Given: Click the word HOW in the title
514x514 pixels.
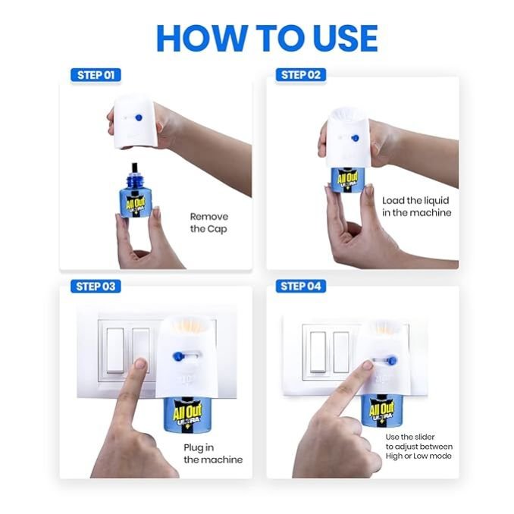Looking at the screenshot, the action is pyautogui.click(x=202, y=39).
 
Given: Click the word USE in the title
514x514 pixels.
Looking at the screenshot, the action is pyautogui.click(x=346, y=39).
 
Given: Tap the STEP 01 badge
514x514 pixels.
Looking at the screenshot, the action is pyautogui.click(x=96, y=75).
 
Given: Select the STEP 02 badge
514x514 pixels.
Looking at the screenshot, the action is pyautogui.click(x=301, y=75).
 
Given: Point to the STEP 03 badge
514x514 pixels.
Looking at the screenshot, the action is pyautogui.click(x=96, y=286).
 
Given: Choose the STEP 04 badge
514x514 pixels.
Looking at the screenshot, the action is pyautogui.click(x=301, y=286).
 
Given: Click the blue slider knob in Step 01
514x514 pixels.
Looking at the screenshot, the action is pyautogui.click(x=139, y=118).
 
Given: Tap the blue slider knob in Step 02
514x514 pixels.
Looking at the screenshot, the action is pyautogui.click(x=355, y=138).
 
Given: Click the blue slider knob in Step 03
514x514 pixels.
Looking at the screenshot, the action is pyautogui.click(x=178, y=356).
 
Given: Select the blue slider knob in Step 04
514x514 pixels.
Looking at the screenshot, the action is pyautogui.click(x=392, y=361).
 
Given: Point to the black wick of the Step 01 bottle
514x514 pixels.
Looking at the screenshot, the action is pyautogui.click(x=135, y=168).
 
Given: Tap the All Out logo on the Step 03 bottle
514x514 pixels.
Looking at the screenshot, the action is pyautogui.click(x=187, y=412).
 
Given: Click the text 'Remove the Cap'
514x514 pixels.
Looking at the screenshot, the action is pyautogui.click(x=208, y=223).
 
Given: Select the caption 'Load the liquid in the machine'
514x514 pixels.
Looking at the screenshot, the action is pyautogui.click(x=417, y=206).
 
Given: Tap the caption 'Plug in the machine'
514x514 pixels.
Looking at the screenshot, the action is pyautogui.click(x=213, y=453).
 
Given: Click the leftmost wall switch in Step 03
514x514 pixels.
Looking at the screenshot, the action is pyautogui.click(x=115, y=350).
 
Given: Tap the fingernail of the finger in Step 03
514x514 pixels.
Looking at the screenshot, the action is pyautogui.click(x=141, y=363).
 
